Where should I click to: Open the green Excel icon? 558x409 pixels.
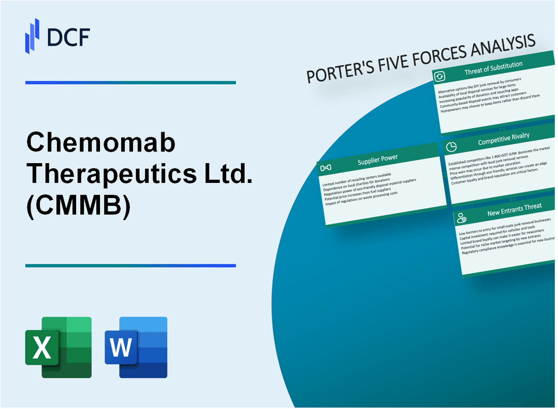click(58, 347)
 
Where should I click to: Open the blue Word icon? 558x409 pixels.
click(136, 347)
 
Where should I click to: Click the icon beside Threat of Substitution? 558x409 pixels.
click(440, 77)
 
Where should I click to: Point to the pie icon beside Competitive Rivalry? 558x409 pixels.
click(451, 145)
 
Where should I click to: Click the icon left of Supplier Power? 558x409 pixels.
click(326, 168)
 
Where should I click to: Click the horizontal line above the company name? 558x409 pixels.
click(130, 82)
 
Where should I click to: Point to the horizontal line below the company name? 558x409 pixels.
click(130, 265)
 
